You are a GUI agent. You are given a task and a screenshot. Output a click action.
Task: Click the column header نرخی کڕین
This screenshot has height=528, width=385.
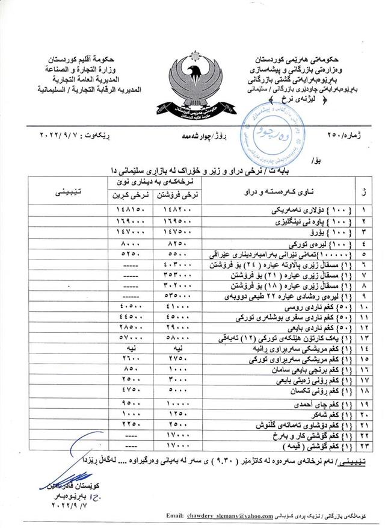[127, 196]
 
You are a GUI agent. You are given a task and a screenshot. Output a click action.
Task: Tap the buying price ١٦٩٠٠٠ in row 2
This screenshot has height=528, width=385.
[128, 223]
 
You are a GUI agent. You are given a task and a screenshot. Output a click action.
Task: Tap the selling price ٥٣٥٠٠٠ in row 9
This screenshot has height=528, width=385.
[178, 297]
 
